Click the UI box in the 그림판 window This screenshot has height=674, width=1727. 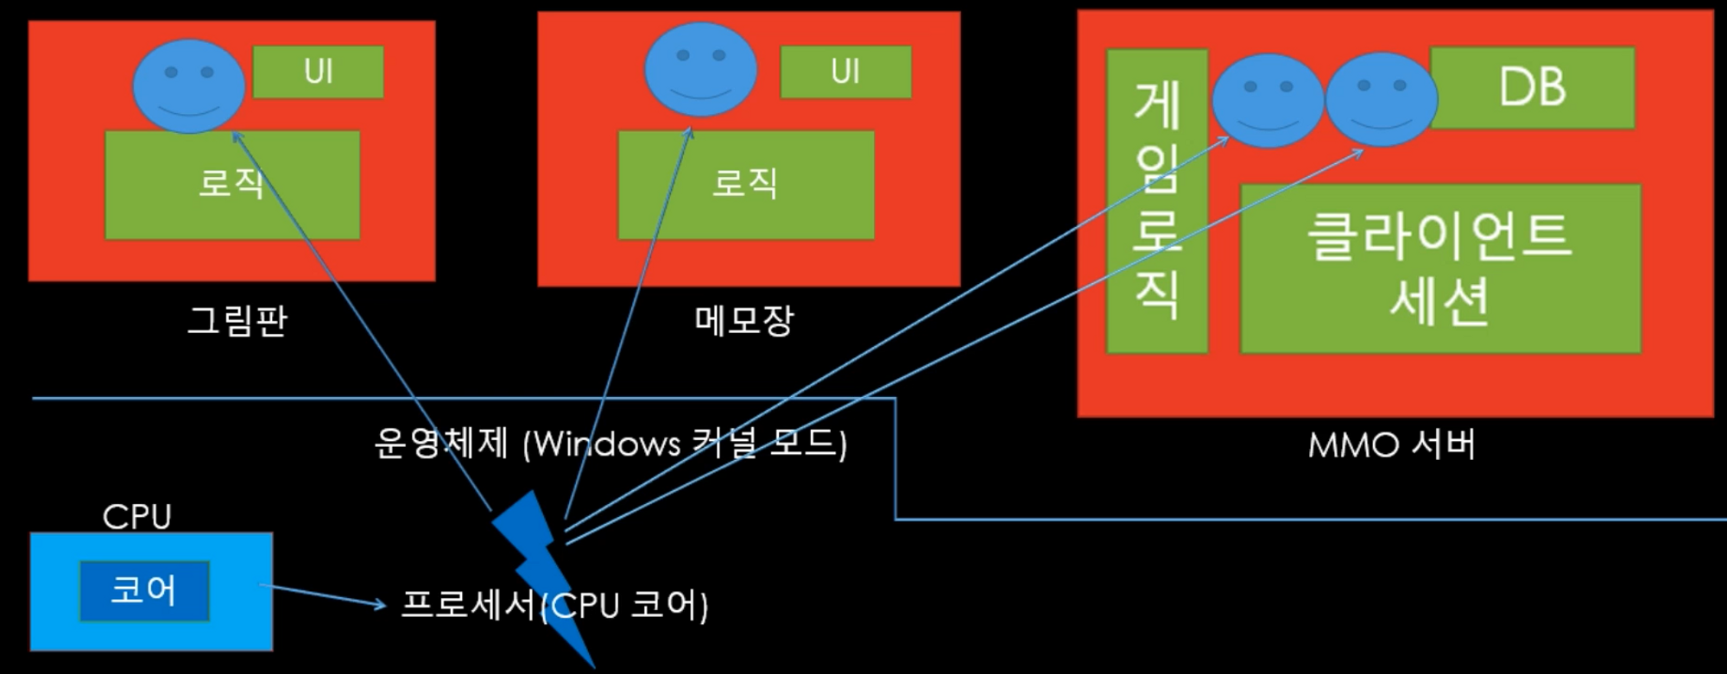[x=318, y=72]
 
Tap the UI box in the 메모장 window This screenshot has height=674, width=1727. [x=845, y=72]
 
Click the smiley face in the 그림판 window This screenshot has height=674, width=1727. [x=188, y=86]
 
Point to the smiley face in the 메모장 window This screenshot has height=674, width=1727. [x=700, y=69]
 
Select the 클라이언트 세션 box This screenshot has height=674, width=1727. [x=1440, y=268]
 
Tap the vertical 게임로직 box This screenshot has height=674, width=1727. [x=1156, y=201]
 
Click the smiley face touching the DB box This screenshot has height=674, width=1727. [x=1381, y=100]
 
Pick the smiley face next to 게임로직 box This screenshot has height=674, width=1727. [x=1267, y=100]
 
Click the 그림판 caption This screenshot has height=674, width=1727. [x=237, y=321]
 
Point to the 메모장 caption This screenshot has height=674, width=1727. [x=743, y=321]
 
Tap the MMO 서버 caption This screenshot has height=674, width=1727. [x=1391, y=445]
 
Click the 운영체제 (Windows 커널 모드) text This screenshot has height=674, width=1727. [x=610, y=444]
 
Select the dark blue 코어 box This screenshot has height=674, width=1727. [x=144, y=591]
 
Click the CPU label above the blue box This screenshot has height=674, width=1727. [x=136, y=517]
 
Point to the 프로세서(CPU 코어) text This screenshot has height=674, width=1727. [x=554, y=605]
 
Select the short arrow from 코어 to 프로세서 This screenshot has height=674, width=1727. [x=324, y=596]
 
